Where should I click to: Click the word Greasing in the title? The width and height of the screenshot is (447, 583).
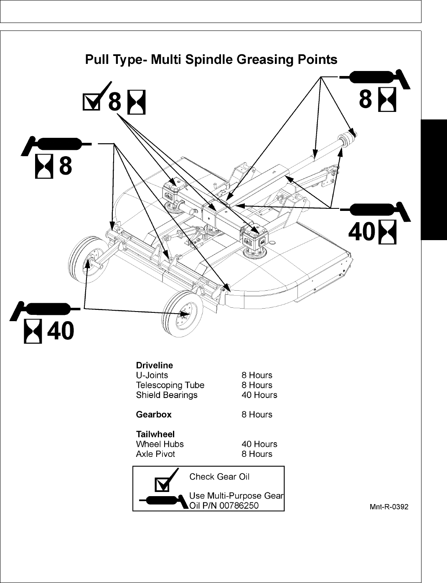point(265,60)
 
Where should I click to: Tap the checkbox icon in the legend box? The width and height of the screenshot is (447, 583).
point(162,484)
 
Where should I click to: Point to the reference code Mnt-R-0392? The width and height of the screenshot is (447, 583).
point(389,507)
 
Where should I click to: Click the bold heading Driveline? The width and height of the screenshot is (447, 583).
point(154,365)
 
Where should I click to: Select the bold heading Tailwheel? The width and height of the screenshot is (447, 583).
point(155,434)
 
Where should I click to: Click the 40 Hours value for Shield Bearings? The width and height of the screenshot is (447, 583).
point(259,395)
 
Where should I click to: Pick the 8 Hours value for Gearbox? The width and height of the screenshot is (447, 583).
point(257,415)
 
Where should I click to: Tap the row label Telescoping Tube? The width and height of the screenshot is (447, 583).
point(170,385)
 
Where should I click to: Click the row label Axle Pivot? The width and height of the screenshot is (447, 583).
point(155,454)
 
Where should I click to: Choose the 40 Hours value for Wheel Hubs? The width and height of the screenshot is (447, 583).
point(259,444)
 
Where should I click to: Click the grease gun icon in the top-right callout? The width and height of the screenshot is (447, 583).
point(374,78)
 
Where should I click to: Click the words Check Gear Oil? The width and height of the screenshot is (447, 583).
point(219,477)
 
